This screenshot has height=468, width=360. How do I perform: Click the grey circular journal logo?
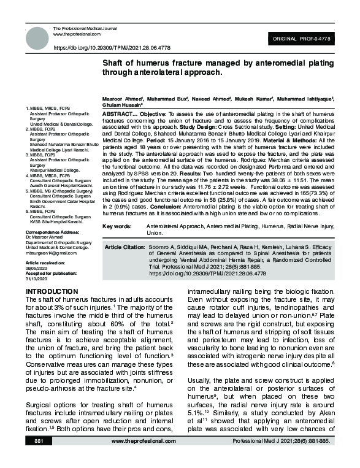click(x=37, y=38)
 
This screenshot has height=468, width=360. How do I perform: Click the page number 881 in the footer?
click(x=39, y=458)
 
